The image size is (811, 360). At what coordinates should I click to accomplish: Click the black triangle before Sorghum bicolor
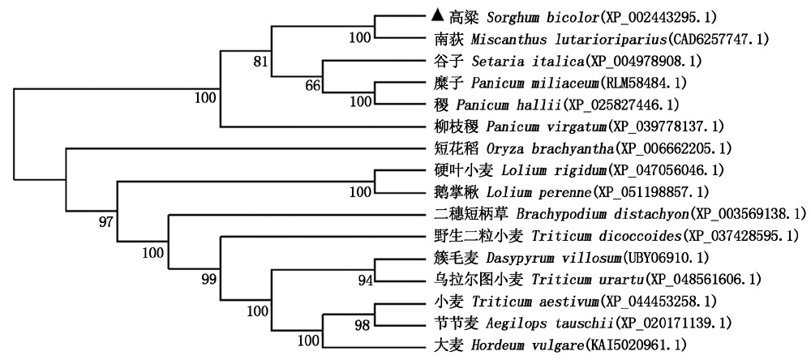437,15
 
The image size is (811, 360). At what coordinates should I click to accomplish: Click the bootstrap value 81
281,60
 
